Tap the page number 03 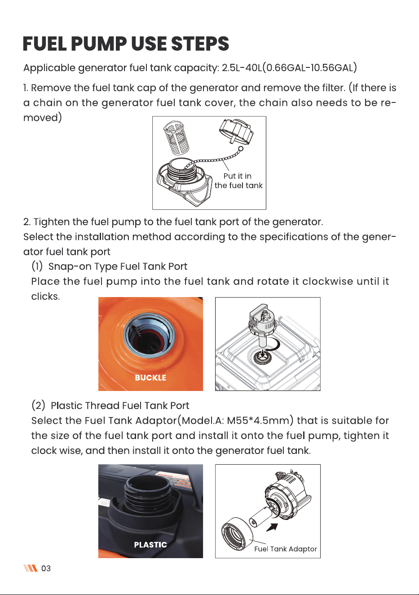(x=46, y=568)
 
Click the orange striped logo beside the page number (x=30, y=568)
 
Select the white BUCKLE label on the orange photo (x=150, y=377)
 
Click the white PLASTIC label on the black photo (x=150, y=545)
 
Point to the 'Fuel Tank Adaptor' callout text (x=286, y=549)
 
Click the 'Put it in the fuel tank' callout (x=238, y=181)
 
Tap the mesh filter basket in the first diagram (x=176, y=138)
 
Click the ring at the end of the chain (x=241, y=149)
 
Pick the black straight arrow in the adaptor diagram (x=272, y=527)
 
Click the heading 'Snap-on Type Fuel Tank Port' (x=118, y=266)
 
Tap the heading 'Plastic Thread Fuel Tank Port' (x=120, y=406)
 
